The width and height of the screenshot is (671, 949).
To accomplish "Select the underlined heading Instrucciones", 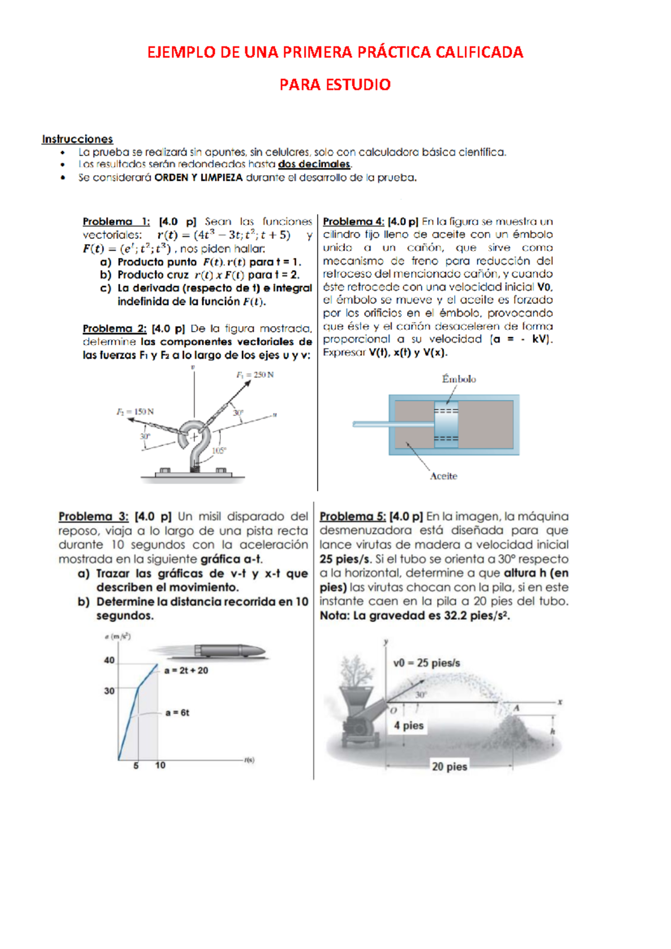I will [77, 139].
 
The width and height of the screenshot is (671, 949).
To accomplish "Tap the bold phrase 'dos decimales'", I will [314, 165].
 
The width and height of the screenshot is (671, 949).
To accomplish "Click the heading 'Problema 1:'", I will [116, 222].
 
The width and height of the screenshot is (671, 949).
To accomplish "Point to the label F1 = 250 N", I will [255, 375].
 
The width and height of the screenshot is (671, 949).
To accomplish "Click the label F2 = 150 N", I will [135, 412].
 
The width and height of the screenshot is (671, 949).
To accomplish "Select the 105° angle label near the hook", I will [219, 451].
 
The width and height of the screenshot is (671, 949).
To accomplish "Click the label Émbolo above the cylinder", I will [459, 379].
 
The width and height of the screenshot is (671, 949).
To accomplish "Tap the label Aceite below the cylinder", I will [443, 476].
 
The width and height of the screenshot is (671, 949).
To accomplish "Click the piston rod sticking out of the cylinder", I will [391, 424].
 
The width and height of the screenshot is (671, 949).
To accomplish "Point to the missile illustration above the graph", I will [229, 650].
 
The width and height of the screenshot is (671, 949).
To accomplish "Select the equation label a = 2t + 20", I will [186, 670].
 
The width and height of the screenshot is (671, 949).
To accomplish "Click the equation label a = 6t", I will [177, 713].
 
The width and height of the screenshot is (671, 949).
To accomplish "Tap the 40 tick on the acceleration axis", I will [109, 660].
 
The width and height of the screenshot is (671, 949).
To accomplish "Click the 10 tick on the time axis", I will [160, 765].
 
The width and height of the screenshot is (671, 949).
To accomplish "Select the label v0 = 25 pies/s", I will [426, 663].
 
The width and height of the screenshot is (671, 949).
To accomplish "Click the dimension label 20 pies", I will [449, 767].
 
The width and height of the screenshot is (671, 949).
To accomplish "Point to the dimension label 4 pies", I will [408, 726].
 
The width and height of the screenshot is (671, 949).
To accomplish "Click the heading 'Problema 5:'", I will [352, 516].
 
